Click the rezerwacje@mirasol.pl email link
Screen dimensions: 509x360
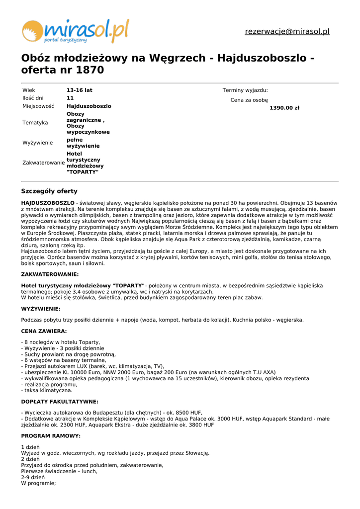coord(287,31)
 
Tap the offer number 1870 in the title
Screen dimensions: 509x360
coord(90,71)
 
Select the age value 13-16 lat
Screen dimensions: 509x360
coord(80,90)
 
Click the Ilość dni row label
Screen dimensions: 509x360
coord(33,98)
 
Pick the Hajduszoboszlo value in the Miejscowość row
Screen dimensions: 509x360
coord(89,106)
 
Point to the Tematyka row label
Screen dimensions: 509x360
coord(35,123)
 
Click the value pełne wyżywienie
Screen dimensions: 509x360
coord(83,143)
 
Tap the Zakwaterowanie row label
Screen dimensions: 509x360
coord(44,163)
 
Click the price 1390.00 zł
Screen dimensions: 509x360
coord(284,108)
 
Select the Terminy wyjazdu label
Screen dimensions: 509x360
coord(245,90)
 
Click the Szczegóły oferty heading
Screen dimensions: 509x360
coord(49,191)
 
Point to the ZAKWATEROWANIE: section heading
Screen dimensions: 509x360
coord(50,274)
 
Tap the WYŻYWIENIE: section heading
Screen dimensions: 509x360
coord(41,309)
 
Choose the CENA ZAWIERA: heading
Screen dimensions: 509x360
coord(44,331)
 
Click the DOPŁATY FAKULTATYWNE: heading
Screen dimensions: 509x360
coord(60,402)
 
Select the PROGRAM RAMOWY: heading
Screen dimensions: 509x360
coord(51,436)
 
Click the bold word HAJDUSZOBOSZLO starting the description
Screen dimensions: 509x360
coord(48,203)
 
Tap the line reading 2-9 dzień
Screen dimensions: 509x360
coord(33,477)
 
